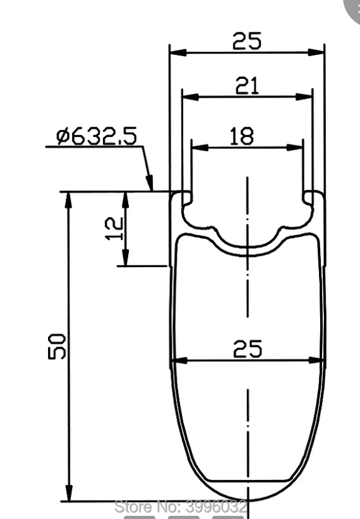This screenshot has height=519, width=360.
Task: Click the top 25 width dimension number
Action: coord(247,40)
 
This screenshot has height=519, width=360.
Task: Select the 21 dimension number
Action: coord(247,86)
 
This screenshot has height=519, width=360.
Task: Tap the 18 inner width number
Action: coord(242,136)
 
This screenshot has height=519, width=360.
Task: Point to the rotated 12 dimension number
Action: coord(114,228)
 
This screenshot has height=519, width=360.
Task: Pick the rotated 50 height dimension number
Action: coord(57,346)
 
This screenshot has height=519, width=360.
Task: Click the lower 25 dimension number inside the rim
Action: coord(248,349)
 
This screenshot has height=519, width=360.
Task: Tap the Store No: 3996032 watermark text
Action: coord(181,506)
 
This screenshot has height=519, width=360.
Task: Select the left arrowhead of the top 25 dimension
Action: coord(178,52)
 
